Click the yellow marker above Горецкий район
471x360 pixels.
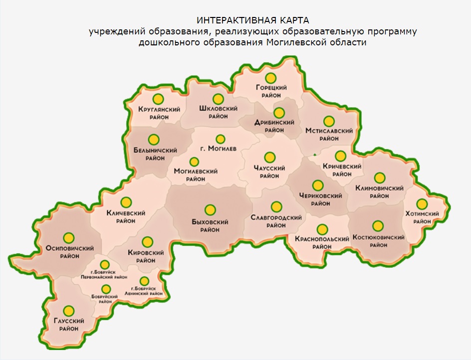point(271,78)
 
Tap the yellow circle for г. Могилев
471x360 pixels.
point(220,138)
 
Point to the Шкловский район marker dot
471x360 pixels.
point(218,99)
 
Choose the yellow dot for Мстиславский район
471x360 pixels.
point(328,121)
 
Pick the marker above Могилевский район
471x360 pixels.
point(194,162)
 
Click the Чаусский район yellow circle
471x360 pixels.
point(269,157)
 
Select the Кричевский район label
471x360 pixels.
point(342,170)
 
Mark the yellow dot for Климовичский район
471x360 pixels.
point(380,178)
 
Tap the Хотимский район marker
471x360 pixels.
point(422,204)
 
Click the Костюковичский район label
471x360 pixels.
point(378,241)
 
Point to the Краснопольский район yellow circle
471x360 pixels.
point(322,229)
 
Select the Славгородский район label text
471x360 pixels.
point(276,221)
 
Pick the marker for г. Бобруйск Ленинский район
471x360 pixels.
point(144,281)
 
